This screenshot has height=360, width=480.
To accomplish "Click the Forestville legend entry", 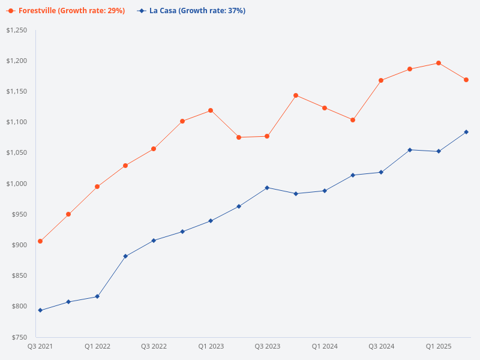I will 66,11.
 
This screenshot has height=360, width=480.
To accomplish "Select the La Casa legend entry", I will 191,11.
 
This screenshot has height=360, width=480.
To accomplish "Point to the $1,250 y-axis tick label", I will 16,30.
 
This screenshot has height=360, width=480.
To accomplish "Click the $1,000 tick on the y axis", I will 16,184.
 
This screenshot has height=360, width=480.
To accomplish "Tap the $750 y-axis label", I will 19,337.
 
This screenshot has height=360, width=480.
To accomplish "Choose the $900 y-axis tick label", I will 19,245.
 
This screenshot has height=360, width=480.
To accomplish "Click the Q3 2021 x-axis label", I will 40,346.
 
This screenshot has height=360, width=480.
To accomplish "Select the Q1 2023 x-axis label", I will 211,346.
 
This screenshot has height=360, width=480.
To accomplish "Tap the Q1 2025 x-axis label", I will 439,346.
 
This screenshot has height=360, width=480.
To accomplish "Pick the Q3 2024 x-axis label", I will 382,346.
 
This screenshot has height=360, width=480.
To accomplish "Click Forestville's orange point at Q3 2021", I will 40,241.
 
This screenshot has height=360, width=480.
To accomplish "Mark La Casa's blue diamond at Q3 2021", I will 40,310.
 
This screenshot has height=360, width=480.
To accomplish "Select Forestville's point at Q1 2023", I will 211,110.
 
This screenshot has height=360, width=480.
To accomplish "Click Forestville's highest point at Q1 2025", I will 439,63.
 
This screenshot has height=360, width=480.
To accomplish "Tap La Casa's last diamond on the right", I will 466,132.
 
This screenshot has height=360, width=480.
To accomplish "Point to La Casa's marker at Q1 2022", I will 97,296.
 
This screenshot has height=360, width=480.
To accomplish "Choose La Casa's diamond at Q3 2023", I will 267,188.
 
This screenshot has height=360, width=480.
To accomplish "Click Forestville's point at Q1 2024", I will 325,108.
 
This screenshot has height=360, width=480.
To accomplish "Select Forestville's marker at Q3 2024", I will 381,80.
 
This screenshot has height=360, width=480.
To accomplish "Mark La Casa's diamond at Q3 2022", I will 154,241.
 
